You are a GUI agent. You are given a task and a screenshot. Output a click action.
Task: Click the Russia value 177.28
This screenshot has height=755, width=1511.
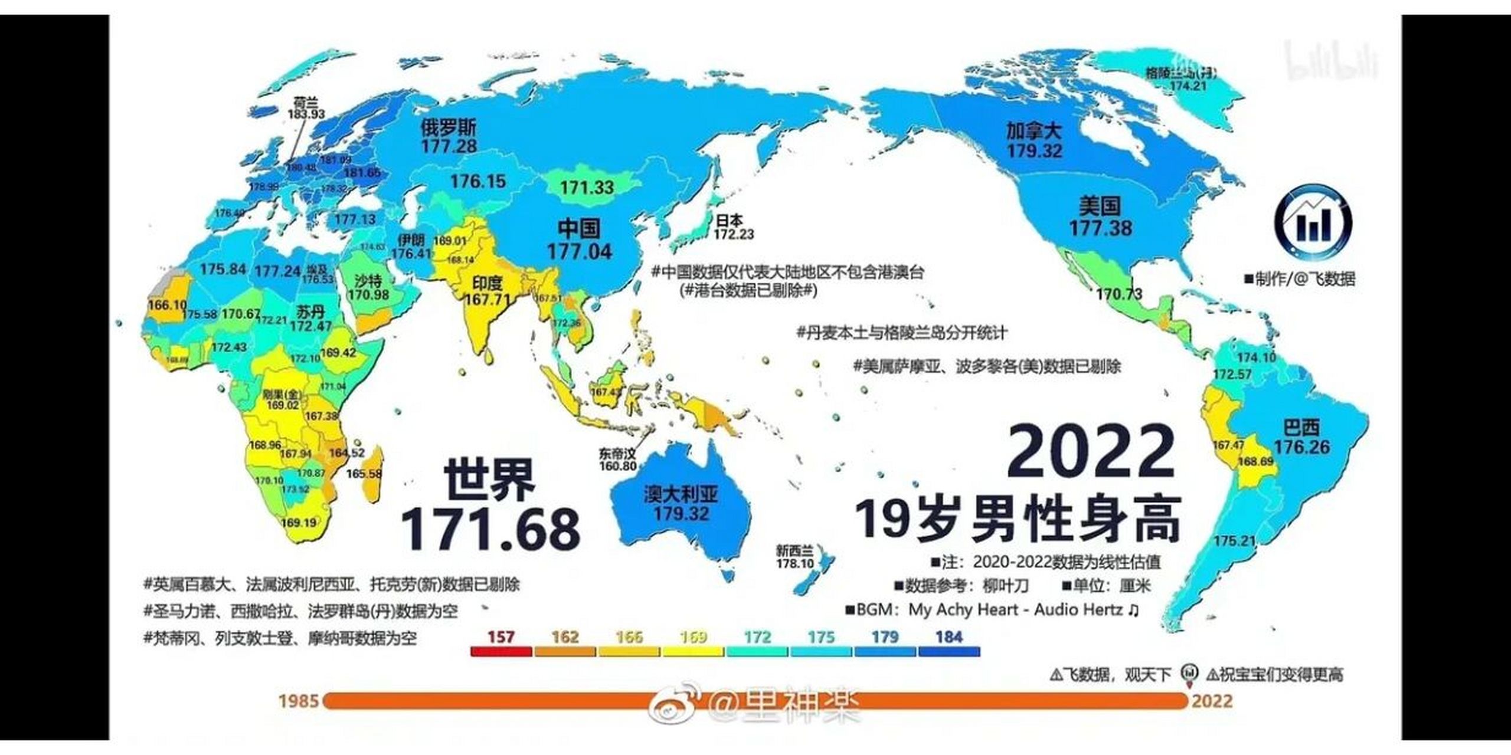click(x=449, y=146)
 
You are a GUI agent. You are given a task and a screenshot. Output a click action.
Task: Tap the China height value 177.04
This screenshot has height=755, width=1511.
click(x=580, y=252)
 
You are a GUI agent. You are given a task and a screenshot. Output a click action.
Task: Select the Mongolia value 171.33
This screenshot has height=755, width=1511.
click(x=587, y=188)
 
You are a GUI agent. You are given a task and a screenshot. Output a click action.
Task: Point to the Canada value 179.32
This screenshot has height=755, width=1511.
click(x=1034, y=151)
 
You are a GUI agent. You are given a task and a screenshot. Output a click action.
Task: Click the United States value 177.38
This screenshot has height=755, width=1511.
click(x=1100, y=228)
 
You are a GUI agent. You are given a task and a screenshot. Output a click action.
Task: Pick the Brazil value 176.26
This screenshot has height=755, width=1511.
click(x=1301, y=447)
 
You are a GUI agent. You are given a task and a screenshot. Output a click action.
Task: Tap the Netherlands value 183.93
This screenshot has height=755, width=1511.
click(x=306, y=114)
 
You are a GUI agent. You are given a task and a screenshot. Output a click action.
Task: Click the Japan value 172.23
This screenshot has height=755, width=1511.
click(x=734, y=234)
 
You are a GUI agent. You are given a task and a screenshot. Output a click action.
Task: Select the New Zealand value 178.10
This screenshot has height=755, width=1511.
click(x=794, y=563)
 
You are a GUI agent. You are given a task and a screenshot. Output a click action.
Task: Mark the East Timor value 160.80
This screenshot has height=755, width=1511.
click(x=617, y=466)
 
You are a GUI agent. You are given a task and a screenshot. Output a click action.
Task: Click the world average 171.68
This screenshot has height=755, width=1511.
click(x=490, y=529)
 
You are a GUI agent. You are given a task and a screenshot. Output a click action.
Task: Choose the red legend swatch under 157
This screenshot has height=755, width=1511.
click(x=501, y=652)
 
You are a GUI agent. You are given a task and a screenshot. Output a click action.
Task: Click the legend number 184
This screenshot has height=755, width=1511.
click(x=949, y=637)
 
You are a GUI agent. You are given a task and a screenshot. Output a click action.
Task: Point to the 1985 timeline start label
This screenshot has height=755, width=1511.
click(x=298, y=701)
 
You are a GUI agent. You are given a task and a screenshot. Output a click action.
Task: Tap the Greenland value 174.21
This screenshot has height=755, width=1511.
click(x=1188, y=86)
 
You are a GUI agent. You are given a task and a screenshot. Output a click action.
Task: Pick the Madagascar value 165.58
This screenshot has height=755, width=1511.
click(x=364, y=474)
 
